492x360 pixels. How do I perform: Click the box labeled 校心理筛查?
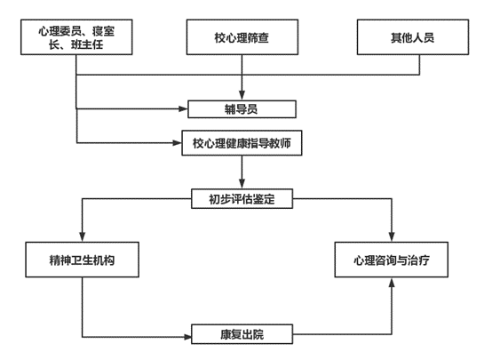click(242, 37)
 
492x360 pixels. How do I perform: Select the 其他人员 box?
click(413, 37)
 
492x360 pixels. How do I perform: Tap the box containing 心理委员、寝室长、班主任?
click(76, 37)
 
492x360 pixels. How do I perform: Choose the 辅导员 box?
click(242, 109)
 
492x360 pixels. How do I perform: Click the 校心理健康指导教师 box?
click(242, 143)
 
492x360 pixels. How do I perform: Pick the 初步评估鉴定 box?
click(242, 198)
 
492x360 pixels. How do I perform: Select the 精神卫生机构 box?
click(83, 260)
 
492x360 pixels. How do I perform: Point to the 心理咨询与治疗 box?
click(392, 260)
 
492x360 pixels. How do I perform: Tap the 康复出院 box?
click(242, 334)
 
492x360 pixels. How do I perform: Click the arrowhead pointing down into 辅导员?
click(242, 95)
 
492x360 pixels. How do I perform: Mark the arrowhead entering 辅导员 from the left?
click(183, 109)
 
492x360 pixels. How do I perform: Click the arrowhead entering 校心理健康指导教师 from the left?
click(178, 143)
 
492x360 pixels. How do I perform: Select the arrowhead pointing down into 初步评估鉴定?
click(242, 184)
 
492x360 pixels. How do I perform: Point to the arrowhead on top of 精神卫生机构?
click(83, 236)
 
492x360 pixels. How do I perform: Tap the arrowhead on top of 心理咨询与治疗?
click(392, 236)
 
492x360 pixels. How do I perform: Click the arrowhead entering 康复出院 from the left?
click(187, 337)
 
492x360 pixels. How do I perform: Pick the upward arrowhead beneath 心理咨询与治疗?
click(392, 282)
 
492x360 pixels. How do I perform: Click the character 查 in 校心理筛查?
click(264, 37)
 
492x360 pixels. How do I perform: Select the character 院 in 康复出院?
click(258, 334)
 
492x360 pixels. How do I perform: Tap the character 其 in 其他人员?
click(396, 37)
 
